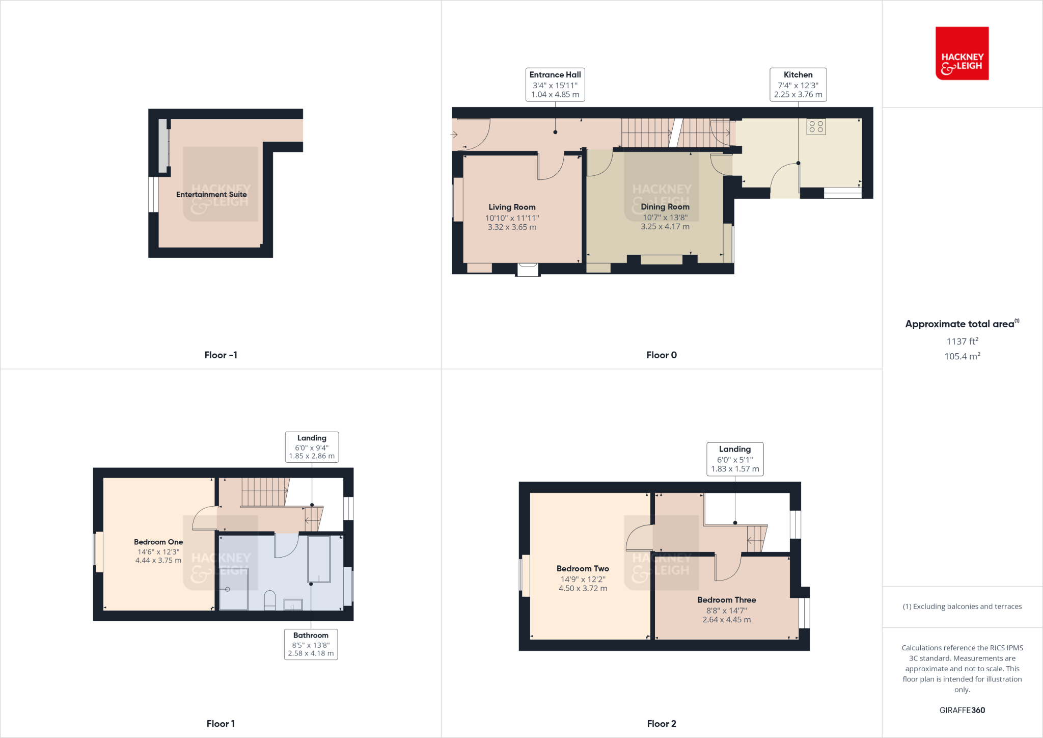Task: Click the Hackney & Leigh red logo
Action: pyautogui.click(x=962, y=54)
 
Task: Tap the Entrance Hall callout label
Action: pyautogui.click(x=555, y=85)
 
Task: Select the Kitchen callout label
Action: pyautogui.click(x=798, y=85)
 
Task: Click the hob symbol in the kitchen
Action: pyautogui.click(x=816, y=126)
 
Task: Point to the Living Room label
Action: pyautogui.click(x=512, y=207)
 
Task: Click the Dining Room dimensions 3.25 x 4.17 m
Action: pyautogui.click(x=665, y=227)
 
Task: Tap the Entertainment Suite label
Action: pyautogui.click(x=211, y=195)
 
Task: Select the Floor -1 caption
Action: pyautogui.click(x=221, y=355)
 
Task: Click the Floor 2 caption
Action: pyautogui.click(x=661, y=724)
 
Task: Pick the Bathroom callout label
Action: pyautogui.click(x=311, y=644)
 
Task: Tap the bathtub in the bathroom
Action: pyautogui.click(x=319, y=559)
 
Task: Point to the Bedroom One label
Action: pyautogui.click(x=158, y=542)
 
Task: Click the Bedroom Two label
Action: pyautogui.click(x=583, y=569)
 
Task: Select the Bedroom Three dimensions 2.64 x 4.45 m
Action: pyautogui.click(x=726, y=620)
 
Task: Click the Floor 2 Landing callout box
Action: pyautogui.click(x=734, y=459)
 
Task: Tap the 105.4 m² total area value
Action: pyautogui.click(x=962, y=356)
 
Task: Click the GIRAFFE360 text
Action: pyautogui.click(x=962, y=710)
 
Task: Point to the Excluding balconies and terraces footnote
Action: pyautogui.click(x=962, y=607)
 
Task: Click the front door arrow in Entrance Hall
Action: pyautogui.click(x=454, y=135)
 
